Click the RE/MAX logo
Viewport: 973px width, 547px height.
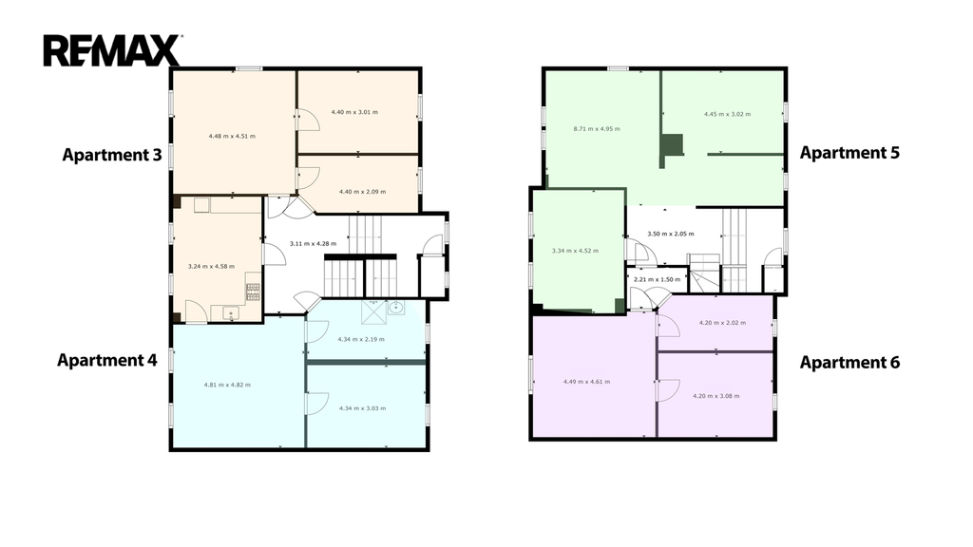(112, 50)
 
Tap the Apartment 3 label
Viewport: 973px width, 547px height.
(112, 155)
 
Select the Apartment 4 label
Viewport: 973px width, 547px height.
(107, 360)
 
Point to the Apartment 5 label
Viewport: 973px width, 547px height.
(849, 153)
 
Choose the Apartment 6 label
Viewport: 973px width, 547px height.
(849, 362)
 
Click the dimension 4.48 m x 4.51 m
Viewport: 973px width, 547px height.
(232, 136)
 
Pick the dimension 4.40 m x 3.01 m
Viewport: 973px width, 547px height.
(354, 112)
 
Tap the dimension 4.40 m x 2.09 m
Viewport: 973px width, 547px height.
(362, 192)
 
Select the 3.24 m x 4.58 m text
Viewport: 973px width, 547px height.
(212, 267)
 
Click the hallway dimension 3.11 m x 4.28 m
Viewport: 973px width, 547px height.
(314, 244)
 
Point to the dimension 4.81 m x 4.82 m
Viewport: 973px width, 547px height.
(227, 385)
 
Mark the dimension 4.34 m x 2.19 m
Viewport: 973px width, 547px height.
(361, 339)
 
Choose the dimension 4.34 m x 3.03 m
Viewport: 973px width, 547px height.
(362, 408)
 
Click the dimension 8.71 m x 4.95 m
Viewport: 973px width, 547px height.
(597, 129)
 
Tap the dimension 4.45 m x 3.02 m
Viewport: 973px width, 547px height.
(727, 114)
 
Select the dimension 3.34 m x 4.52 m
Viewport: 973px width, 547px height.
(575, 251)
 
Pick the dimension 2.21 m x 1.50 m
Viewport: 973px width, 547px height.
(658, 280)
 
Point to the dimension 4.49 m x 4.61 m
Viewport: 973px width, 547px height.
(586, 382)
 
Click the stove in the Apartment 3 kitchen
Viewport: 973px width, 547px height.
(253, 292)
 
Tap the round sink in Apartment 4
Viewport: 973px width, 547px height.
(395, 307)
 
